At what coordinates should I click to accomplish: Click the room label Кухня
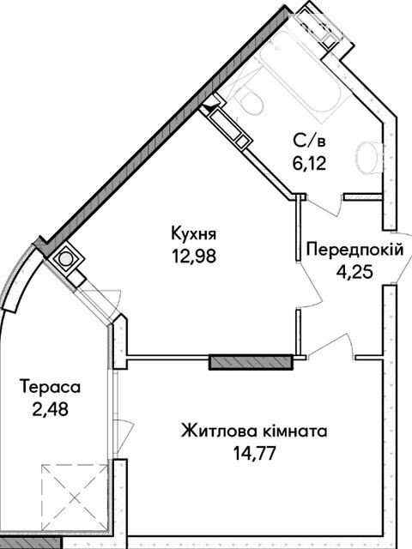[194, 234]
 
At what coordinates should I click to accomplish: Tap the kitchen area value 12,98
[194, 256]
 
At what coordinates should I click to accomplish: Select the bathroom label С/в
[309, 141]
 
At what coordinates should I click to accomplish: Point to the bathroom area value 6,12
[309, 163]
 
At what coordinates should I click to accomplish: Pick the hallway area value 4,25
[354, 271]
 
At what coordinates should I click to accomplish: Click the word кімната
[294, 431]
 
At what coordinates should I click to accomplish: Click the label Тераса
[51, 387]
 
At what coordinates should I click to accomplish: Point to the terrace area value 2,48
[51, 409]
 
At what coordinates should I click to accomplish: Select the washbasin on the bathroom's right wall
[369, 157]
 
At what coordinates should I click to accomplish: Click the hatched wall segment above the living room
[251, 362]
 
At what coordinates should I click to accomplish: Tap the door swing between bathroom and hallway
[324, 205]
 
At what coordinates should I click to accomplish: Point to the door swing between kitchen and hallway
[309, 286]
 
